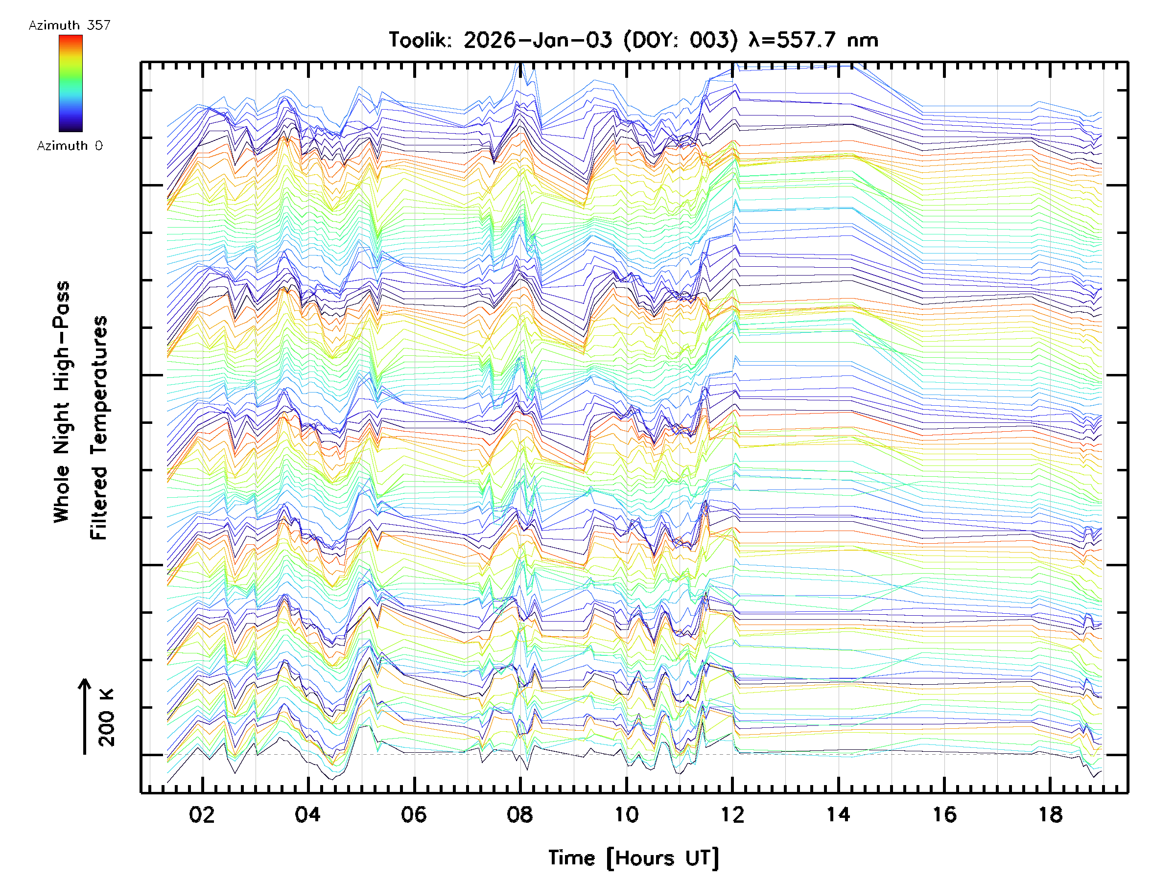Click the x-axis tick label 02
pyautogui.click(x=202, y=814)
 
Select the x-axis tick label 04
pyautogui.click(x=307, y=814)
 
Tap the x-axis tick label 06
pyautogui.click(x=414, y=814)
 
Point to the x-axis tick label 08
pyautogui.click(x=519, y=814)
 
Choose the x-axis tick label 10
pyautogui.click(x=626, y=814)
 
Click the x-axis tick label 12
pyautogui.click(x=732, y=814)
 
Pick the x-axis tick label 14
pyautogui.click(x=838, y=814)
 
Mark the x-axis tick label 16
pyautogui.click(x=944, y=814)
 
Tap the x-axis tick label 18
pyautogui.click(x=1050, y=814)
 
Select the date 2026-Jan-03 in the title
pyautogui.click(x=538, y=40)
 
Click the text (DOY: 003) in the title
pyautogui.click(x=681, y=40)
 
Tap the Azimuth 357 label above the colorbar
pyautogui.click(x=70, y=25)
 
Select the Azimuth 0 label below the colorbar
pyautogui.click(x=70, y=146)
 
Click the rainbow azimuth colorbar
pyautogui.click(x=70, y=83)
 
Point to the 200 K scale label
pyautogui.click(x=107, y=717)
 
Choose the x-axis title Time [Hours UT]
pyautogui.click(x=633, y=858)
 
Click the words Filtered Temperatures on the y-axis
pyautogui.click(x=99, y=427)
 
